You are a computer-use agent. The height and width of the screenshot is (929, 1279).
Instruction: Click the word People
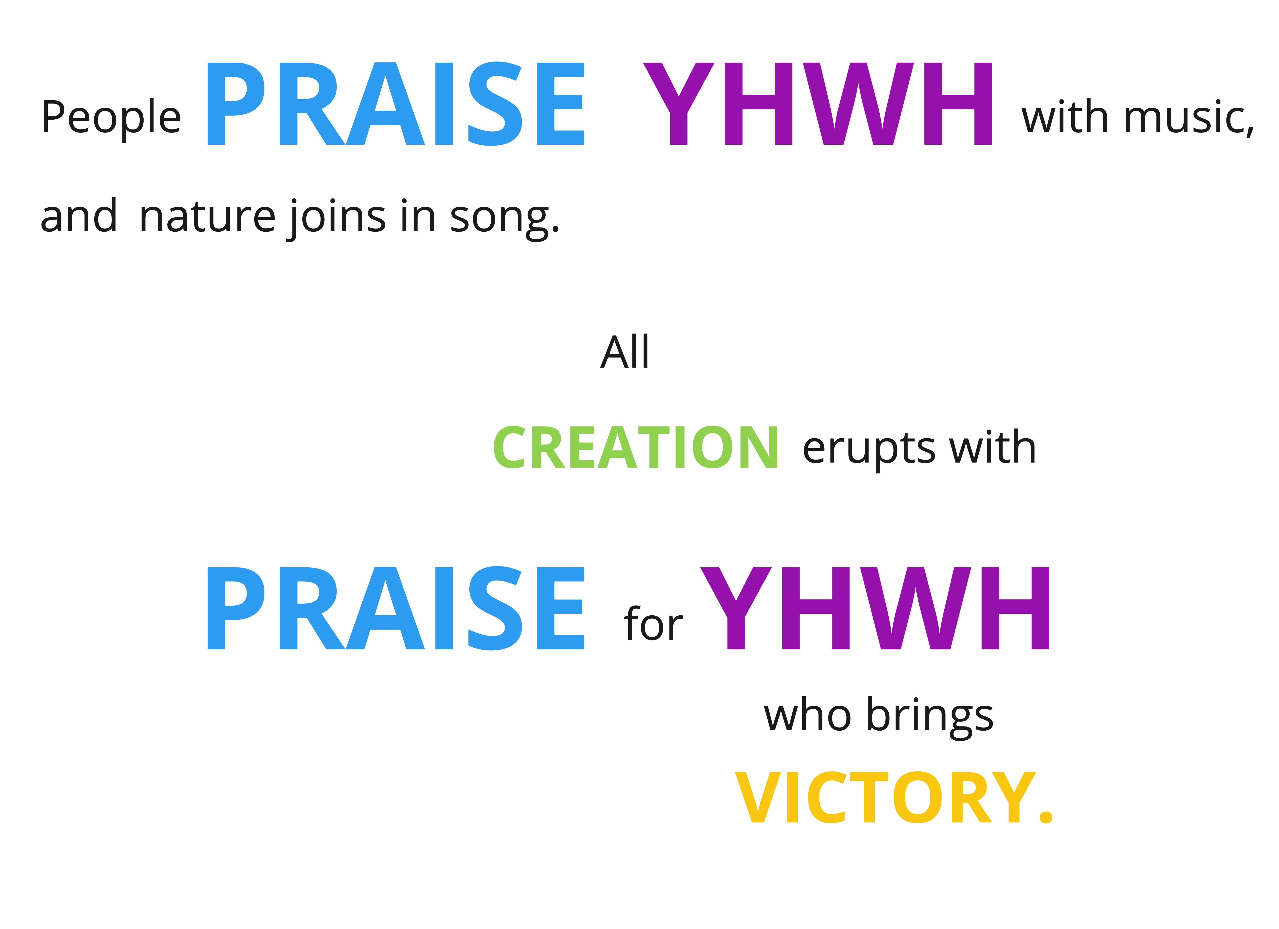[111, 118]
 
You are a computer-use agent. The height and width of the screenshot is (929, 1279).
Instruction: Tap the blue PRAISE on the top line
[396, 104]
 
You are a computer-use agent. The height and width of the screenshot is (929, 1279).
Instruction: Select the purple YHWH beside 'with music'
[817, 104]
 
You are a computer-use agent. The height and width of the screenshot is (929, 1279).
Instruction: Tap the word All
[625, 352]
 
